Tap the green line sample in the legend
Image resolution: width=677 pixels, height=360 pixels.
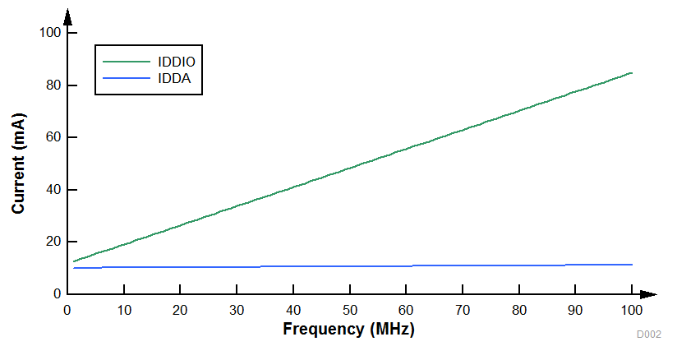(127, 62)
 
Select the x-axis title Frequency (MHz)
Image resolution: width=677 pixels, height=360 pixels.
(348, 330)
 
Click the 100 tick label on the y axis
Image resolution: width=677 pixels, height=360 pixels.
(50, 33)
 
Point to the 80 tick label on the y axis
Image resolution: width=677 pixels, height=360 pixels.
(53, 85)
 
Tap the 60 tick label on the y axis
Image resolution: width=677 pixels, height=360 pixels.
(53, 137)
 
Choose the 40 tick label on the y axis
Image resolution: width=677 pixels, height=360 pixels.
(53, 190)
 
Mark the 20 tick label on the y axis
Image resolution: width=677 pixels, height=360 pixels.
(53, 242)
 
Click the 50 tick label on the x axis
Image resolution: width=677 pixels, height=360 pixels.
(349, 310)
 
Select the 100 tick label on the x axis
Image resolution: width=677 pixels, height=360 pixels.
(631, 310)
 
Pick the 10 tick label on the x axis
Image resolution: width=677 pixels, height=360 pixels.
(123, 310)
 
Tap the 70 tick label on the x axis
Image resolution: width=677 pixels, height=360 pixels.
(462, 310)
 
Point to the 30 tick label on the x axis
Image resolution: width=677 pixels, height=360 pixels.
(236, 310)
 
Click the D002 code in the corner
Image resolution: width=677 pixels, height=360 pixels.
(648, 335)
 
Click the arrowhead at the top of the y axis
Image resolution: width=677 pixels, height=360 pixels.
(67, 16)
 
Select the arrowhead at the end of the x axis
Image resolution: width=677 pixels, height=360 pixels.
(649, 294)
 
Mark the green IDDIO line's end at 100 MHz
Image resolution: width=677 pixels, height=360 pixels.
(631, 73)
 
